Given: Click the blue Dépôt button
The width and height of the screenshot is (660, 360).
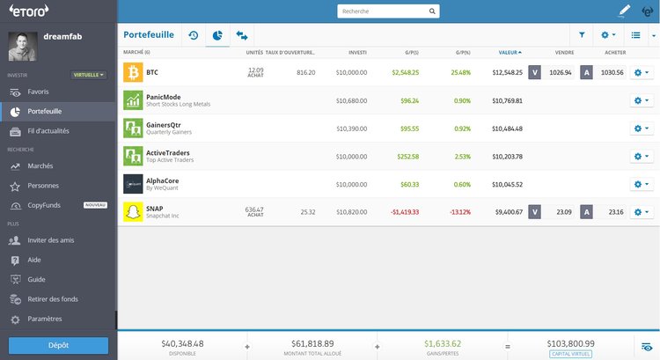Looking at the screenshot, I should [58, 345].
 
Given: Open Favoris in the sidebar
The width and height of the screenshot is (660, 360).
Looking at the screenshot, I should [38, 92].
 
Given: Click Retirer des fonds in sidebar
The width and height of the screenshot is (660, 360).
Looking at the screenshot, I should [53, 299].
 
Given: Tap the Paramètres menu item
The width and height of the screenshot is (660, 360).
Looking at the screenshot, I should [44, 319].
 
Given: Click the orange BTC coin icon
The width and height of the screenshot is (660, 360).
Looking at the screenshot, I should [133, 72].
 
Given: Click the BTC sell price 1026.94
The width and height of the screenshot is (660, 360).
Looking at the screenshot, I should [560, 72].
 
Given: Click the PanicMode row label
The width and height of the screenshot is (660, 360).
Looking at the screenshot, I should [164, 97].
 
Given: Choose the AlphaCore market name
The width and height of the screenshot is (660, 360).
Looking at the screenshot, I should [163, 180].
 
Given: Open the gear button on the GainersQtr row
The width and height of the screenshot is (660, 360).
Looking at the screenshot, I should [642, 129].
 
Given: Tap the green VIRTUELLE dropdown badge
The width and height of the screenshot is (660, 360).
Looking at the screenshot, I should [89, 75].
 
